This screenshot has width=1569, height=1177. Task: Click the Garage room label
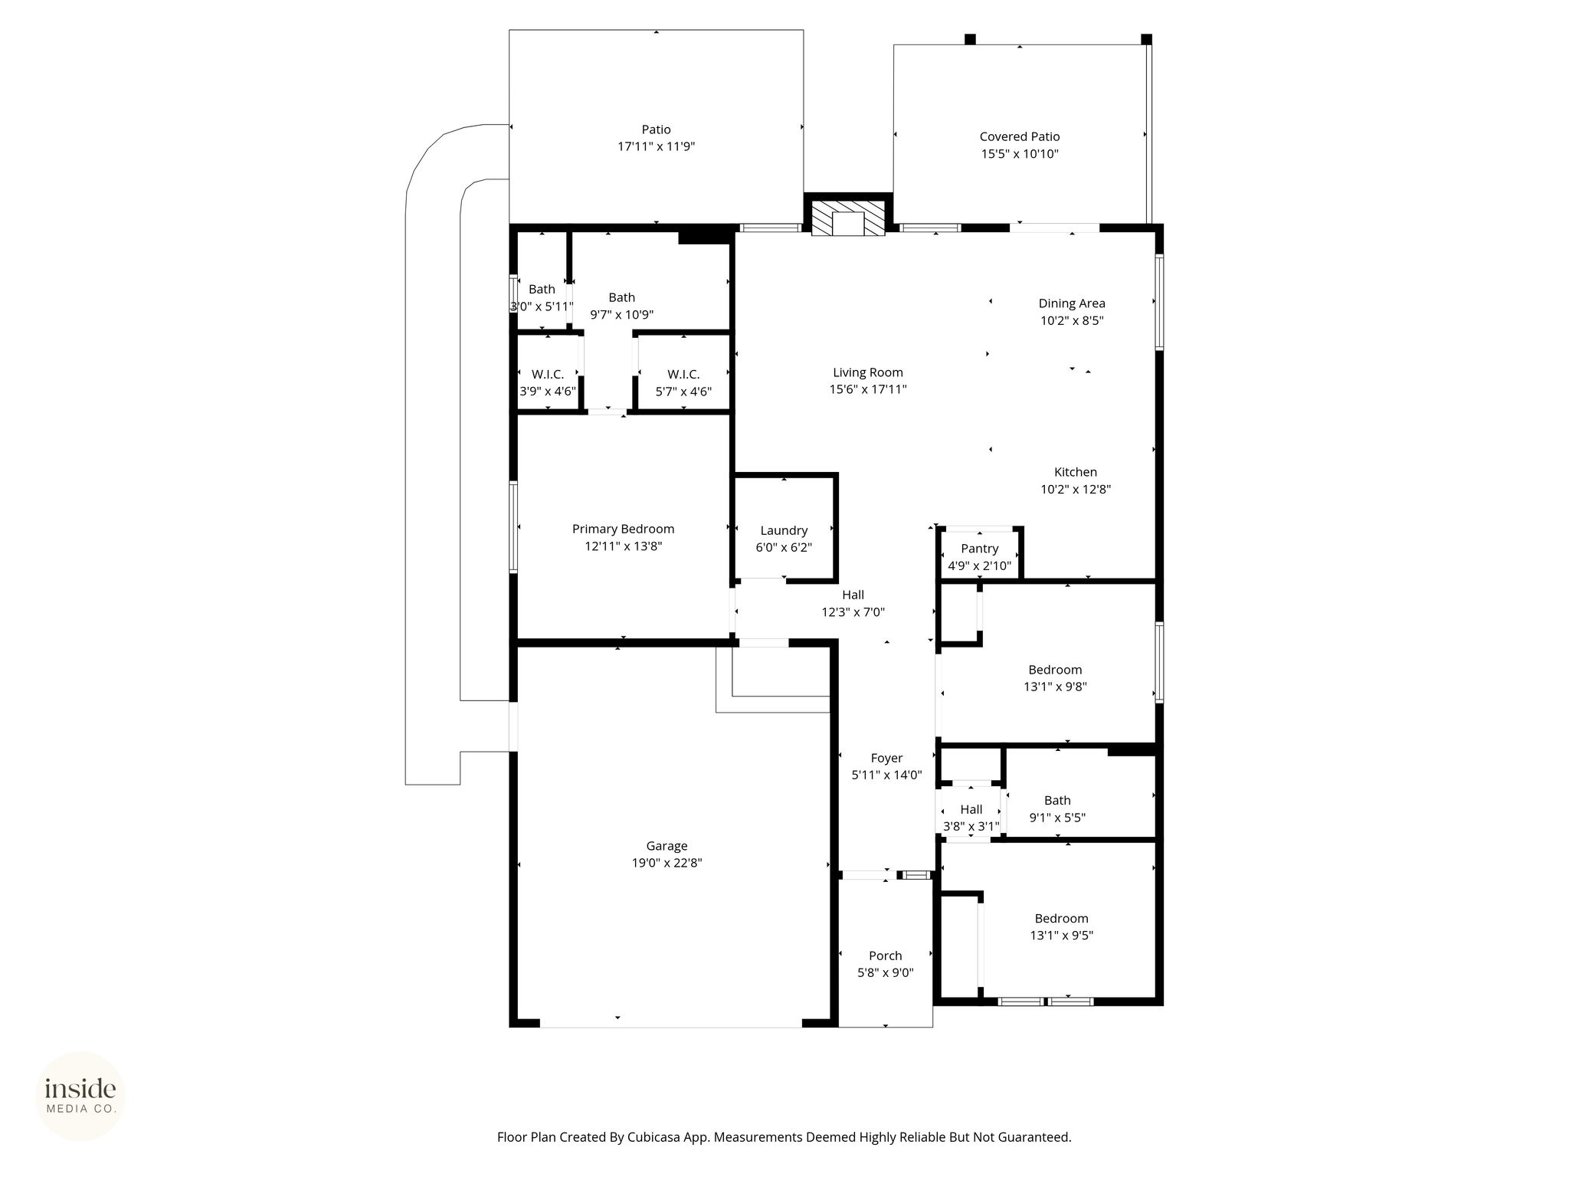[x=667, y=846]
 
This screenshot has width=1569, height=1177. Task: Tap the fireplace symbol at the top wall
[x=848, y=218]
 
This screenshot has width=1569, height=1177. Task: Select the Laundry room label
[x=784, y=530]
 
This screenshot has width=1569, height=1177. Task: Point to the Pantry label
[x=979, y=549]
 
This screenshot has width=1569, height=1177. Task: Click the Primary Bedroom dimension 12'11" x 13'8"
[x=623, y=546]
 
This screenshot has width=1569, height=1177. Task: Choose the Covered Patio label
[x=1020, y=136]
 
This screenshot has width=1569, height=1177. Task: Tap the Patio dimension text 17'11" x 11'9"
[x=657, y=146]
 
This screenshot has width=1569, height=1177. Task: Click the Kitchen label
[x=1076, y=472]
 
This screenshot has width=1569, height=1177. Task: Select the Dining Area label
[x=1072, y=303]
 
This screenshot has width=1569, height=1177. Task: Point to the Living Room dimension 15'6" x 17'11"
[x=868, y=389]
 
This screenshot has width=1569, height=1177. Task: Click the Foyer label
[x=886, y=758]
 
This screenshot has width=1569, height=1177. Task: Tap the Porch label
[x=886, y=956]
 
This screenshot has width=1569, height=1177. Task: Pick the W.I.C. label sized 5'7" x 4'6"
[x=683, y=374]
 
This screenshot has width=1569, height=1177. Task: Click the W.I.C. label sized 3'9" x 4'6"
[x=548, y=374]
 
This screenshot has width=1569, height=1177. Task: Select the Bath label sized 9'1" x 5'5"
[x=1057, y=800]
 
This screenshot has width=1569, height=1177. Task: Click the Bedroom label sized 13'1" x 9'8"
[x=1055, y=670]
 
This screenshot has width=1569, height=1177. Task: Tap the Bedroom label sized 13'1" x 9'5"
[x=1061, y=918]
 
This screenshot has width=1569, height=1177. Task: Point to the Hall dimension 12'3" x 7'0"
[x=853, y=612]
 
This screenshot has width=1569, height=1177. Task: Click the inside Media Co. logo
[x=80, y=1095]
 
